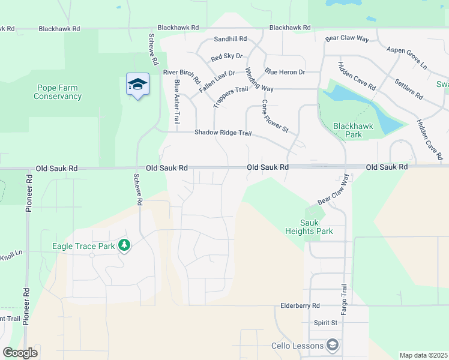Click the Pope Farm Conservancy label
(58, 92)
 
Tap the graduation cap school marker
(137, 84)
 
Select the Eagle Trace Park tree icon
(124, 245)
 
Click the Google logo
(20, 353)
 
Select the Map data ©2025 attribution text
(423, 355)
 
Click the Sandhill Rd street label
(231, 39)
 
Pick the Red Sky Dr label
(226, 57)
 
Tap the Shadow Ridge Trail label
(222, 133)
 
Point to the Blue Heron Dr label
(285, 72)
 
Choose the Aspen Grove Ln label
(406, 58)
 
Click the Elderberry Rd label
(300, 305)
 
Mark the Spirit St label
(326, 323)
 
